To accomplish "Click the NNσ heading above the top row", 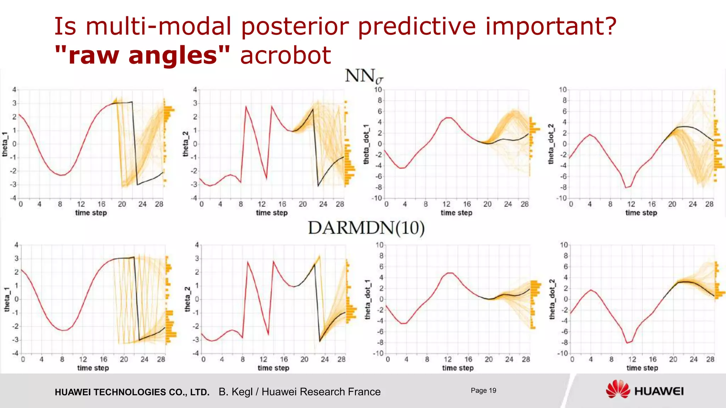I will pyautogui.click(x=364, y=76).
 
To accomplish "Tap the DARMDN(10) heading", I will pyautogui.click(x=366, y=228).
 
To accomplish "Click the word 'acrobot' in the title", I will pyautogui.click(x=285, y=56).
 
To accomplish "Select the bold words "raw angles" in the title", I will pyautogui.click(x=142, y=56).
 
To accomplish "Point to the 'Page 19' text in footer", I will pyautogui.click(x=483, y=391).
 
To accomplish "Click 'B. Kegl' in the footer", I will pyautogui.click(x=235, y=392).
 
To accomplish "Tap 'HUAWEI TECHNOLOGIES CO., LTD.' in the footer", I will pyautogui.click(x=132, y=392).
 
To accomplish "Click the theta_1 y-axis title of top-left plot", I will pyautogui.click(x=5, y=144).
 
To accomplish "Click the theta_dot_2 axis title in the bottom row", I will pyautogui.click(x=552, y=299).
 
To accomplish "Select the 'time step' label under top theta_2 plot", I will pyautogui.click(x=272, y=213).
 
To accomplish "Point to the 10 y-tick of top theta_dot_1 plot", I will pyautogui.click(x=378, y=90).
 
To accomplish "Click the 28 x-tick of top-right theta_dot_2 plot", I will pyautogui.click(x=709, y=204).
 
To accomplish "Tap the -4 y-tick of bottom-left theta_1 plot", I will pyautogui.click(x=16, y=353).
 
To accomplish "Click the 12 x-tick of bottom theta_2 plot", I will pyautogui.click(x=263, y=359).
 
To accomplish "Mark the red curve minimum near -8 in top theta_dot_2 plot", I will pyautogui.click(x=626, y=187).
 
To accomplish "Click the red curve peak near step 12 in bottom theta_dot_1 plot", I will pyautogui.click(x=449, y=273).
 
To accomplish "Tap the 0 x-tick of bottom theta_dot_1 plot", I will pyautogui.click(x=388, y=359).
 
